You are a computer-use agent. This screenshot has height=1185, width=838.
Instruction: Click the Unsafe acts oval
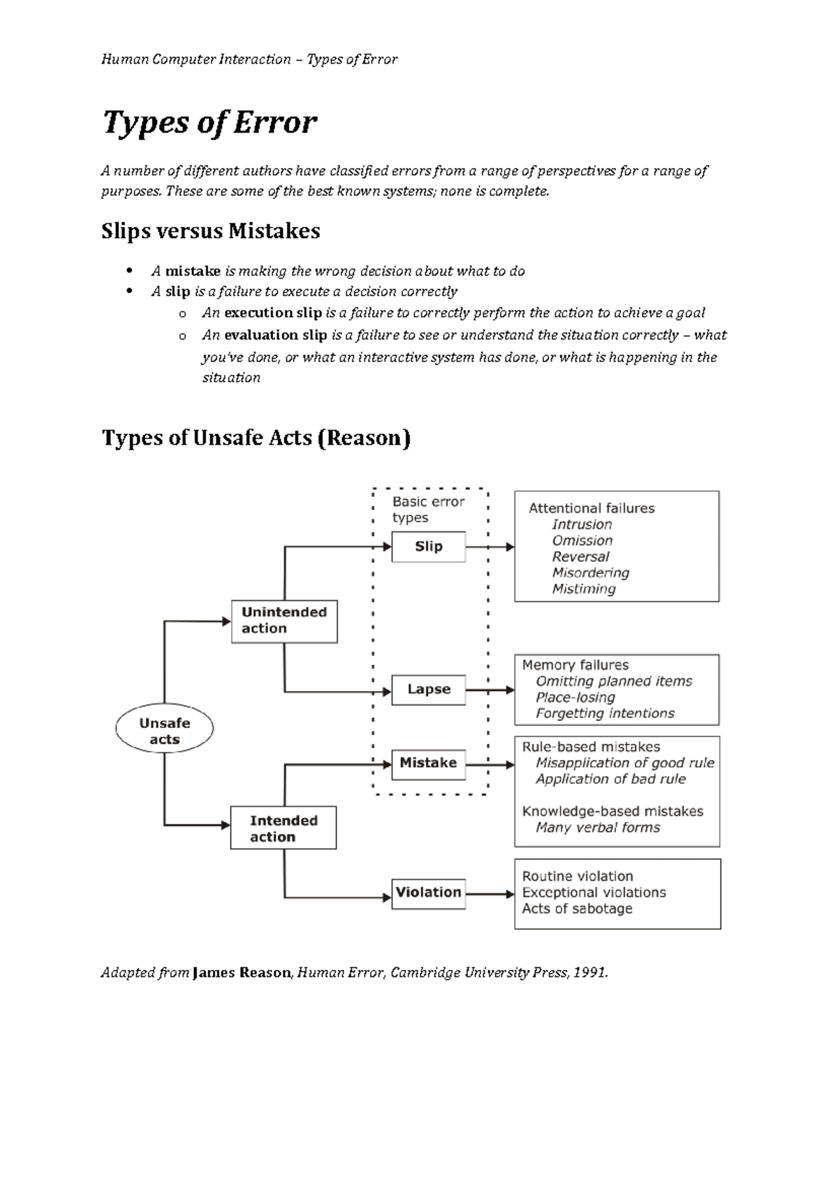[164, 731]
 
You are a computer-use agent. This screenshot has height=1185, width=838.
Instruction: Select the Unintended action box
[284, 620]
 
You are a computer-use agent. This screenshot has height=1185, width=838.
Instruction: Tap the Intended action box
[284, 828]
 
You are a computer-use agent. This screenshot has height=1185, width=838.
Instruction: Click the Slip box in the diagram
[428, 546]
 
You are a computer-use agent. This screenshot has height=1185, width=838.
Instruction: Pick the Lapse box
[428, 690]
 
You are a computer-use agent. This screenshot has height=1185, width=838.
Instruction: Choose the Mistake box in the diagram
[428, 763]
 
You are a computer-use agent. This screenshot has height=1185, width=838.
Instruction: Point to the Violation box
[428, 893]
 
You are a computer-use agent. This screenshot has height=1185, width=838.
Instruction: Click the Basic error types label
[427, 509]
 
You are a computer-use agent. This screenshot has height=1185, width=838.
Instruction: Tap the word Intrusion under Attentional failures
[582, 524]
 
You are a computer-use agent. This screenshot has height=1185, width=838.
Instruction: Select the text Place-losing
[575, 697]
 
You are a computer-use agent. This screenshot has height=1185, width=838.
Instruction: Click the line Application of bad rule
[610, 779]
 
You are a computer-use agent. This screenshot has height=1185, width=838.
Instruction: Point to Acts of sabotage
[577, 909]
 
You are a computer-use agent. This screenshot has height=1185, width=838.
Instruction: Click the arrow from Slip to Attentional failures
[490, 547]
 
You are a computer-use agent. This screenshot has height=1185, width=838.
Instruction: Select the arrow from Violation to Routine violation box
[490, 893]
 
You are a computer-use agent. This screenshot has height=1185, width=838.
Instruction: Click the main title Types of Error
[209, 123]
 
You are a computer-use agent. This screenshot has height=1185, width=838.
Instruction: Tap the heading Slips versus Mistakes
[210, 231]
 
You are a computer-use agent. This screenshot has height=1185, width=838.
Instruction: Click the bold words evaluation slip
[276, 335]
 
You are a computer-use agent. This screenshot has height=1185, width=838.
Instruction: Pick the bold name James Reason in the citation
[241, 973]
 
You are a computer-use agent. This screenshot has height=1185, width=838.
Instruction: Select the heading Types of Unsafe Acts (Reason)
[256, 438]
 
